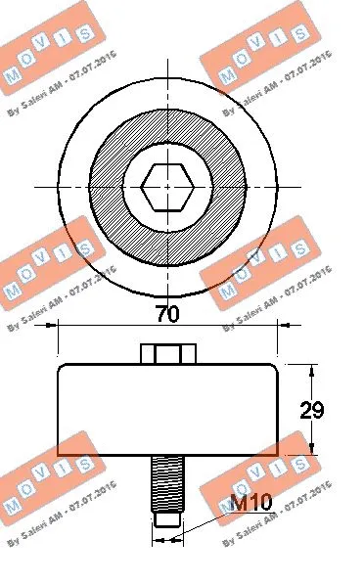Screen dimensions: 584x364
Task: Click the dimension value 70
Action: [168, 314]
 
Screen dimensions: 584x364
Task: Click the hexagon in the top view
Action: [168, 185]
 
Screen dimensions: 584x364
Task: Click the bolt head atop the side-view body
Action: [168, 353]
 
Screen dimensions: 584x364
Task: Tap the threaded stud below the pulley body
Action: [168, 489]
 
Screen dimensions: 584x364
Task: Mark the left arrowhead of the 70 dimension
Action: [63, 331]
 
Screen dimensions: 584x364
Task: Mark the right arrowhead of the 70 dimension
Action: [275, 331]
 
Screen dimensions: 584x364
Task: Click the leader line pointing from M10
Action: [210, 521]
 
